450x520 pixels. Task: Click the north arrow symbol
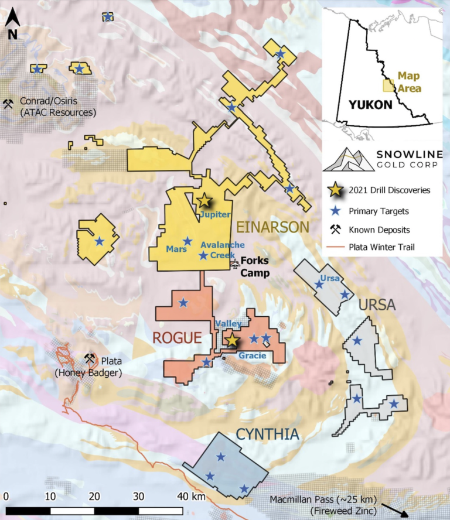coord(13,26)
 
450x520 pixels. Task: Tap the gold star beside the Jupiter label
coord(203,201)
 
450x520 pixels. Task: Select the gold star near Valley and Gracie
coord(232,340)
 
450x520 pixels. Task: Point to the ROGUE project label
coord(177,338)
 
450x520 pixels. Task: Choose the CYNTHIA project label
coord(268,434)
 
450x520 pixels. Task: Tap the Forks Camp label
coord(255,268)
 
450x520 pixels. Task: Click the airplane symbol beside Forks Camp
coord(235,264)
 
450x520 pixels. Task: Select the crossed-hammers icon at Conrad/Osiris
coord(9,104)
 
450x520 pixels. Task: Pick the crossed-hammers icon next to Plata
coord(90,358)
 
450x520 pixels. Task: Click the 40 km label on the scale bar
coord(192,497)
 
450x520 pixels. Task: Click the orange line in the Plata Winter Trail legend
coord(335,247)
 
